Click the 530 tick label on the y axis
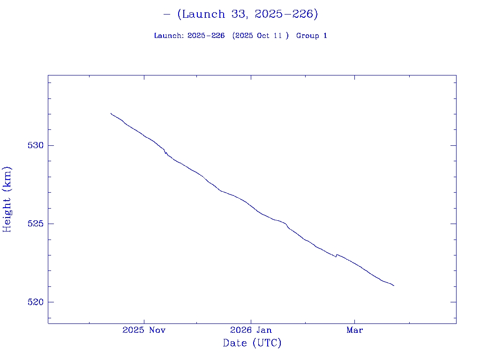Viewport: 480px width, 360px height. click(36, 145)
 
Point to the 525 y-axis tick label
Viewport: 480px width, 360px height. click(36, 224)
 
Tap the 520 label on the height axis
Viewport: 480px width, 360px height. click(36, 302)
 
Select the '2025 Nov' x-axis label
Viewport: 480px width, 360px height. click(144, 330)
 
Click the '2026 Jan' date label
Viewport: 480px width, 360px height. click(251, 330)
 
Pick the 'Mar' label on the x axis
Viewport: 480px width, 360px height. click(354, 330)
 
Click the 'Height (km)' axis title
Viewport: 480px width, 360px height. click(7, 199)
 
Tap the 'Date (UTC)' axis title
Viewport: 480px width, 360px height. click(252, 343)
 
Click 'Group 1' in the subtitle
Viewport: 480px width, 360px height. click(312, 36)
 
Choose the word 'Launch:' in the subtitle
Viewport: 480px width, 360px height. click(169, 36)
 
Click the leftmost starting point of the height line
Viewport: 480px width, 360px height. click(111, 113)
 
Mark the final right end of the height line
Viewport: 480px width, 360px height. click(394, 285)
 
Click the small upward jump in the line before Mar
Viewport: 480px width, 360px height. click(337, 255)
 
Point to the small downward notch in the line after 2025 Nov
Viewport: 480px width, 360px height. click(165, 152)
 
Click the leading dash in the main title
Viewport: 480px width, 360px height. click(167, 14)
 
